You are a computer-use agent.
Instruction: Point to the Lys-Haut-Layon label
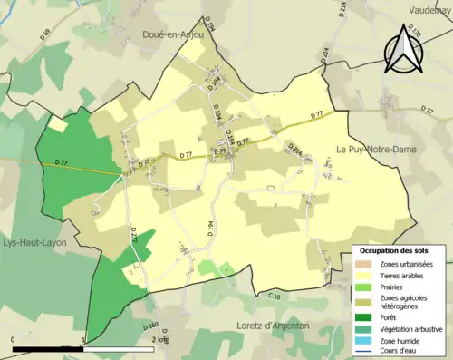tap(35, 243)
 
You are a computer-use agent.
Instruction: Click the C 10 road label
tap(275, 296)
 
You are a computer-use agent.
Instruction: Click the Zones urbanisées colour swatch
tap(365, 264)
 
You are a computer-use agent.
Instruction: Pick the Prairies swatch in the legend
tap(365, 287)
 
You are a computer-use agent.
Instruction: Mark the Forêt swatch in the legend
tap(365, 318)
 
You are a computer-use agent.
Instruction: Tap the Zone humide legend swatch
tap(365, 341)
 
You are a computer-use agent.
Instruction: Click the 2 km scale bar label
tap(160, 339)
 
